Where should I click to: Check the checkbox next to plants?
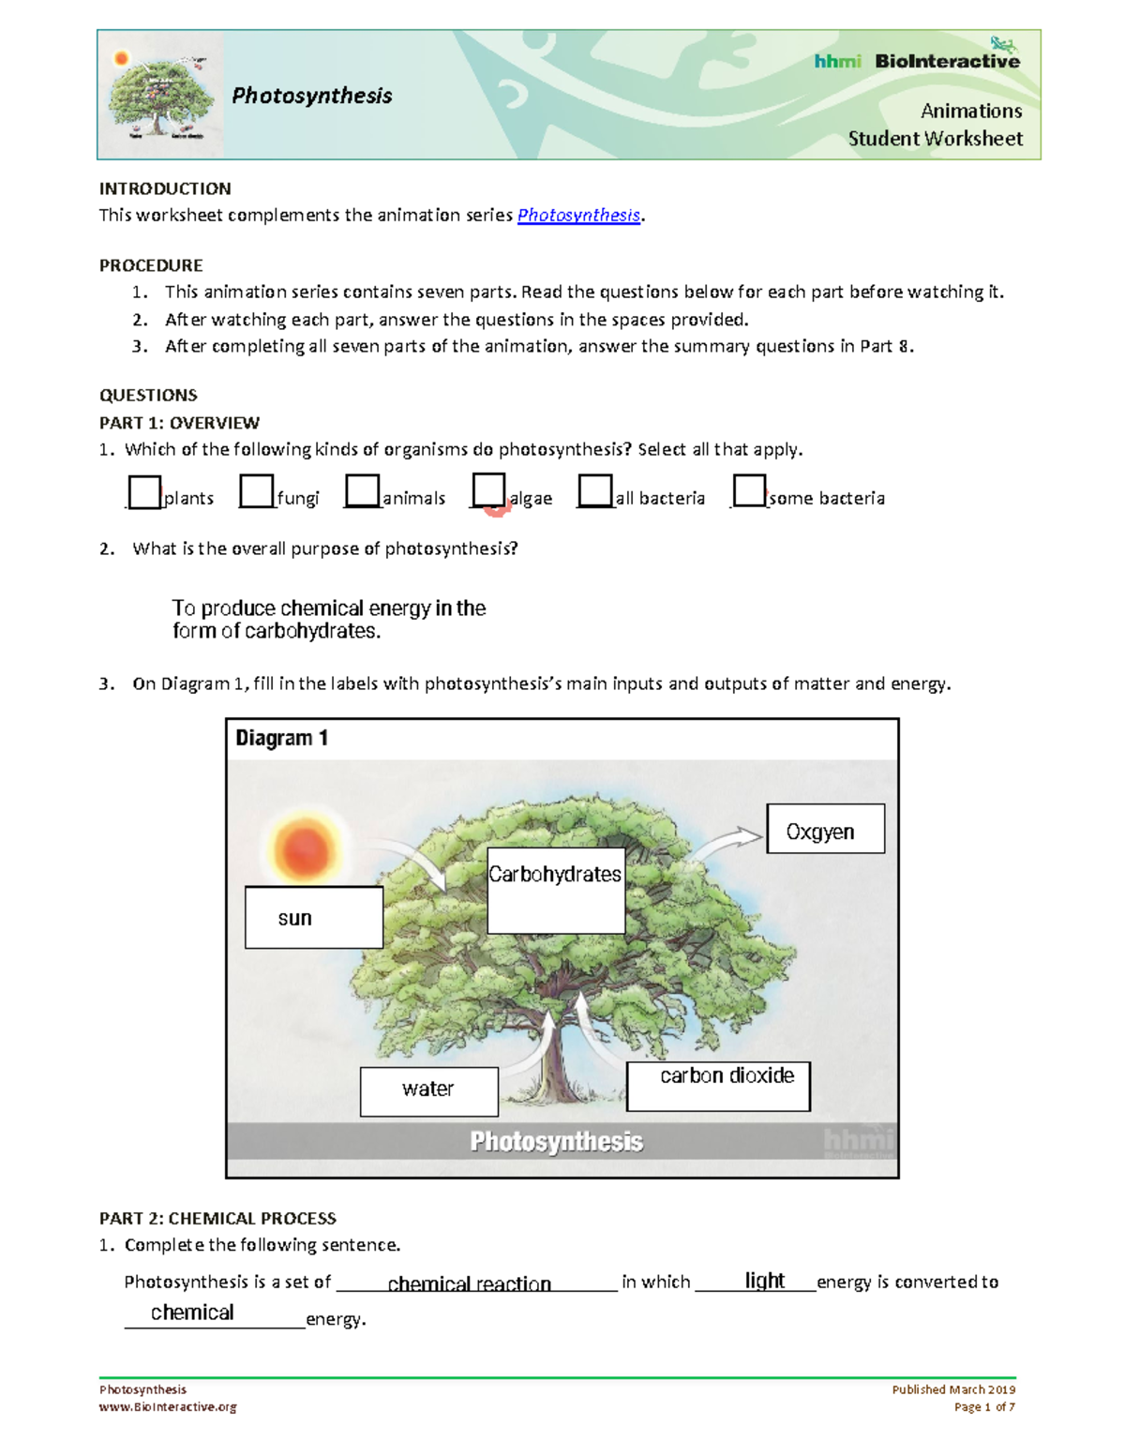click(x=144, y=492)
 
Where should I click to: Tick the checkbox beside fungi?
click(x=256, y=490)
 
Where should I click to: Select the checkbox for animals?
click(x=362, y=490)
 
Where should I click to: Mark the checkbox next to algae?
click(x=488, y=489)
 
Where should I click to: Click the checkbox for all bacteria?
click(x=594, y=490)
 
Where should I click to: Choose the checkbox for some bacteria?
click(x=749, y=489)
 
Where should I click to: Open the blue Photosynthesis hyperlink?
click(x=578, y=215)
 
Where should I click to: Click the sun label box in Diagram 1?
click(x=314, y=918)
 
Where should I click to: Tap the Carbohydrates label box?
click(x=556, y=891)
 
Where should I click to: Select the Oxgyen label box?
click(x=825, y=829)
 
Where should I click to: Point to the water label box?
click(x=428, y=1091)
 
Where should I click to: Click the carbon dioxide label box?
click(x=718, y=1086)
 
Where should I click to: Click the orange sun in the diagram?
click(x=305, y=849)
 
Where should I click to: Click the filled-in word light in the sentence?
click(x=764, y=1281)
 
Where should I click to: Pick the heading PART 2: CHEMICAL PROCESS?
click(x=217, y=1218)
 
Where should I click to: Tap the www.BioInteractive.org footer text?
click(x=168, y=1406)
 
